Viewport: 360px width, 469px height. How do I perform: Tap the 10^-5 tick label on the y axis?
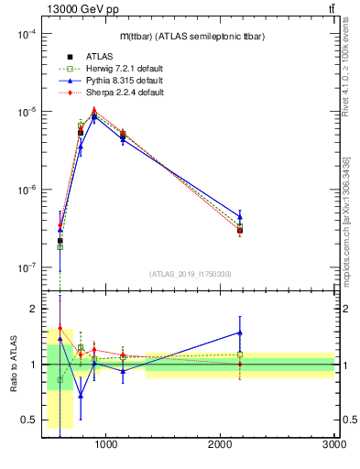24,112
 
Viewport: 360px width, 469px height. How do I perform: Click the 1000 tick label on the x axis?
106,444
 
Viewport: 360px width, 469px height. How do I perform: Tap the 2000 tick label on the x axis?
221,444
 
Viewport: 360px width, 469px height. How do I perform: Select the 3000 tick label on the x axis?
333,444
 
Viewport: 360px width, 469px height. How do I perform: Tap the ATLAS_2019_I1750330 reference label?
190,274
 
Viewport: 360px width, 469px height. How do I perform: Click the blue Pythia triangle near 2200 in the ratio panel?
240,333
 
